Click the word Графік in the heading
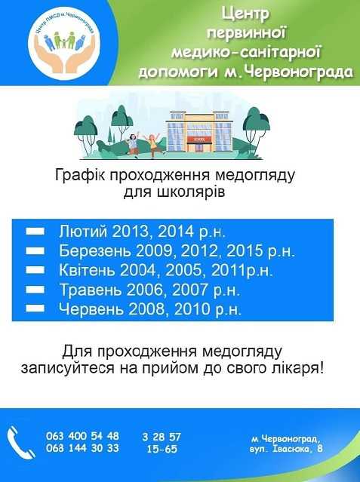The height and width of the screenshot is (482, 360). (x=80, y=176)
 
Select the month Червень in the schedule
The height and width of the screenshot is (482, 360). (x=88, y=309)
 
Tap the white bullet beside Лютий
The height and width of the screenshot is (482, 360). (x=35, y=231)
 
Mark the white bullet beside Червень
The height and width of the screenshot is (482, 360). (x=35, y=308)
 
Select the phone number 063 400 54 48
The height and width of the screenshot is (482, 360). (x=82, y=436)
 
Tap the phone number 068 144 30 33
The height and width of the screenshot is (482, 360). (x=82, y=448)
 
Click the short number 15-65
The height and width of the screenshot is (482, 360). (x=162, y=449)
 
